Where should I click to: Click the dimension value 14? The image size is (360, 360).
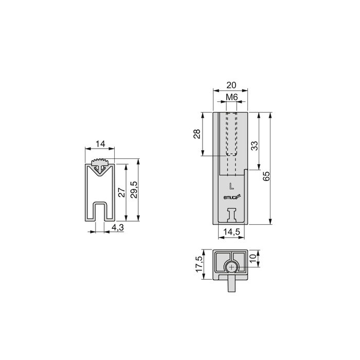[100, 144]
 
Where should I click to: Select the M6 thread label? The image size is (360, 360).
[231, 97]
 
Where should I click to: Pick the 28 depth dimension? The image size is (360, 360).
[196, 134]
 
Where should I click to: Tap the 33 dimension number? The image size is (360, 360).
[254, 146]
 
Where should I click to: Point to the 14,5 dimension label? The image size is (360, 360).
[230, 232]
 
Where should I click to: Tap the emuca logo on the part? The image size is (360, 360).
[229, 196]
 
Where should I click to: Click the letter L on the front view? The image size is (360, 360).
[231, 185]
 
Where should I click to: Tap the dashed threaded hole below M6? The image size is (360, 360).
[231, 134]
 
